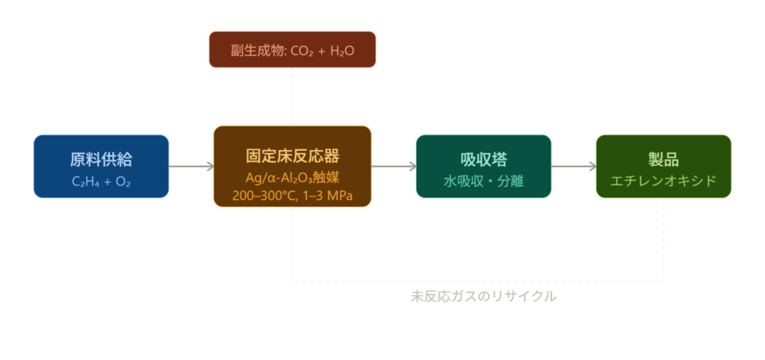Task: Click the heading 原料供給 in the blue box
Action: pos(101,159)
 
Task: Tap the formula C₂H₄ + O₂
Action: pos(101,181)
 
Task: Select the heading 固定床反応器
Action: pos(292,156)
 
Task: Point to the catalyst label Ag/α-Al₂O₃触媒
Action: pos(292,178)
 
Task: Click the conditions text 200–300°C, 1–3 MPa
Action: pos(292,196)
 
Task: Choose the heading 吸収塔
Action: pos(483,159)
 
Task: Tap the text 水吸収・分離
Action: pos(483,181)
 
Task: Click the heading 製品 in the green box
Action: pos(663,159)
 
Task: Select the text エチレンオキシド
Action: pos(663,181)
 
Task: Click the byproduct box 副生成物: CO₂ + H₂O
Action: pos(292,50)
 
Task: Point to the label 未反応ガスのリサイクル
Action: pos(483,297)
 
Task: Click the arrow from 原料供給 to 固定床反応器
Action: pos(191,167)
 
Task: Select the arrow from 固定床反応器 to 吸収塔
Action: pos(393,167)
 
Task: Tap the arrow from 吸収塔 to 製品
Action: pos(574,167)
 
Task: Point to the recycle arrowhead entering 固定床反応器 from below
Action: pos(293,213)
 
